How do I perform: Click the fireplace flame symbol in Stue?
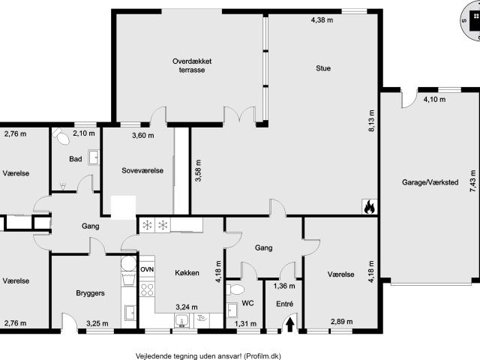(370, 207)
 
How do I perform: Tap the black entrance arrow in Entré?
(290, 325)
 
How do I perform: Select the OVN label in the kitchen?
(147, 270)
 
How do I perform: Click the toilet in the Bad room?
(61, 136)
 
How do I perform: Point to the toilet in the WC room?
(235, 289)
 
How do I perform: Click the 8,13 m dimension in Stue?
(372, 121)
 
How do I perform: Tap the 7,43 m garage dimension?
(473, 181)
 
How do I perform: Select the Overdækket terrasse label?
(192, 65)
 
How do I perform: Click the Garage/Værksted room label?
(430, 182)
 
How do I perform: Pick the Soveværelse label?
(142, 170)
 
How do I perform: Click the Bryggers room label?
(90, 293)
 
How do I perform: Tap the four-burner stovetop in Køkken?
(147, 289)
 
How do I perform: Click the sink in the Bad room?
(94, 157)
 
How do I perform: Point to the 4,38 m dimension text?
(322, 20)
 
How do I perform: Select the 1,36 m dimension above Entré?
(284, 286)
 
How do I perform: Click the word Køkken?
(187, 273)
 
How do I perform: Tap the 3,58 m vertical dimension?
(198, 170)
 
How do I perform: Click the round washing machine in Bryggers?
(128, 263)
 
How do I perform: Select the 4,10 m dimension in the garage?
(435, 100)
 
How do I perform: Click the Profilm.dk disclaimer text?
(208, 356)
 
